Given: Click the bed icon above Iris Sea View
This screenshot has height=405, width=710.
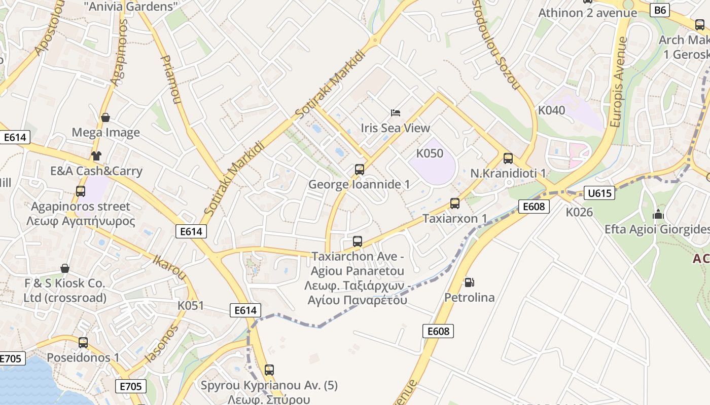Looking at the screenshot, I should click(396, 112).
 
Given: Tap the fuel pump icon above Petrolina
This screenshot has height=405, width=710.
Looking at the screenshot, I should click(470, 282).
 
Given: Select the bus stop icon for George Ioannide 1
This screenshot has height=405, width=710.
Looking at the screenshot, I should click(360, 170).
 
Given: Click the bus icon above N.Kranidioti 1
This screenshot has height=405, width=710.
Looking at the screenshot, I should click(508, 158).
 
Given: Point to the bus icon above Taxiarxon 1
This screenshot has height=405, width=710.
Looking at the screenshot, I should click(455, 204).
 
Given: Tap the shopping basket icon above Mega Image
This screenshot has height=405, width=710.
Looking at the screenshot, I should click(105, 118).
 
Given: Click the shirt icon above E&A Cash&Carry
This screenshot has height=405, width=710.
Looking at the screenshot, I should click(96, 156).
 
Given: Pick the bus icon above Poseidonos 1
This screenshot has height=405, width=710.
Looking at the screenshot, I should click(83, 343).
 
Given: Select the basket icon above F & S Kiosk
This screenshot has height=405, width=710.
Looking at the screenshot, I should click(65, 268).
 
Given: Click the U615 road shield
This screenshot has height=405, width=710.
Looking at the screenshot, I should click(599, 193).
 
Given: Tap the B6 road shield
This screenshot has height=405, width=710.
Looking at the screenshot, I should click(660, 10).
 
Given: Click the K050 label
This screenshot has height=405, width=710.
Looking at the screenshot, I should click(430, 153).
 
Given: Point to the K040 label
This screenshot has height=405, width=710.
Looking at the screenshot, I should click(551, 110).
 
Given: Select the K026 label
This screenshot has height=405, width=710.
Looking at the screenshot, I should click(579, 212).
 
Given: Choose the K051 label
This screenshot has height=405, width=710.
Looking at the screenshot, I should click(191, 306).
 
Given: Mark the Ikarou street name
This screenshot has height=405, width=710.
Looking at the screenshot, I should click(169, 266).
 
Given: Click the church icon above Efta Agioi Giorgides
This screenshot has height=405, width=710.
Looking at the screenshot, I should click(658, 215).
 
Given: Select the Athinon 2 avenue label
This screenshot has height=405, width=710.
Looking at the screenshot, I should click(587, 13).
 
